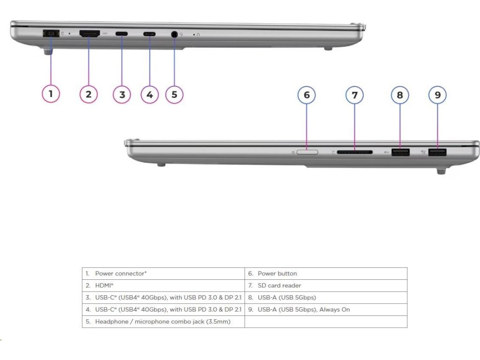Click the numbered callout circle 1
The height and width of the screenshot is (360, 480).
click(x=51, y=93)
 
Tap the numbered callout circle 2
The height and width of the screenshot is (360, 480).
click(x=89, y=94)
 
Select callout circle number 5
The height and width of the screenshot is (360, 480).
click(x=174, y=94)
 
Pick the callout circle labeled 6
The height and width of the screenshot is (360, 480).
click(x=307, y=95)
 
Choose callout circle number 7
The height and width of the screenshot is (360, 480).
click(x=354, y=95)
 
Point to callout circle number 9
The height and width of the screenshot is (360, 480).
click(x=437, y=95)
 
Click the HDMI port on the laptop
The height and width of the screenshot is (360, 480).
click(x=90, y=34)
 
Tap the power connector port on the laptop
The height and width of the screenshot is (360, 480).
click(x=51, y=33)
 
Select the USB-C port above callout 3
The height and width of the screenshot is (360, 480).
click(x=121, y=34)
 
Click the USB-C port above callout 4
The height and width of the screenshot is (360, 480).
click(x=150, y=34)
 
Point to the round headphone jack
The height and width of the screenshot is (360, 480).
click(x=174, y=34)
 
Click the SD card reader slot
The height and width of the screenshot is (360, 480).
click(x=355, y=152)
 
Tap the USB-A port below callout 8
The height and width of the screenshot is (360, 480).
click(x=400, y=152)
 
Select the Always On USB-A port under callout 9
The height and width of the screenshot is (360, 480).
click(x=437, y=152)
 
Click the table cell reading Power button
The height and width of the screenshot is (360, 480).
click(x=326, y=273)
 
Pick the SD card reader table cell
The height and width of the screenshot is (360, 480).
click(x=326, y=285)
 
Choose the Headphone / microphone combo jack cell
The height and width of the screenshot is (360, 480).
click(x=164, y=322)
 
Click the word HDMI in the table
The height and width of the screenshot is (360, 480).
click(x=103, y=285)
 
